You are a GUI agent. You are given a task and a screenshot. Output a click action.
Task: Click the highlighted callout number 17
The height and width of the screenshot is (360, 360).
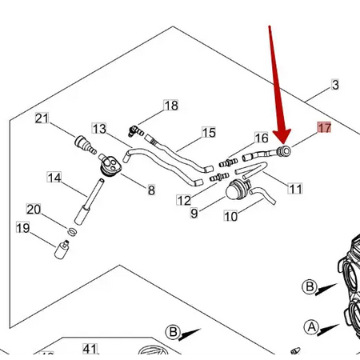tap(324, 128)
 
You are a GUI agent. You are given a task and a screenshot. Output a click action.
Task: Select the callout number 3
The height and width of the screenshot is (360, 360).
tap(335, 85)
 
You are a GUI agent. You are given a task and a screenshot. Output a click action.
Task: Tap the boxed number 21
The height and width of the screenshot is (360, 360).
tap(42, 119)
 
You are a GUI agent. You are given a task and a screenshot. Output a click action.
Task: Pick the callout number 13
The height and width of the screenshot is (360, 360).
tap(99, 129)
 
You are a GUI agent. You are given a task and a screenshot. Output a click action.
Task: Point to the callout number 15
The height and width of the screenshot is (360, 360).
tap(209, 133)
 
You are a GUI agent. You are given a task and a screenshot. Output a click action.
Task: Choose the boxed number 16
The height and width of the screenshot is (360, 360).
tap(262, 138)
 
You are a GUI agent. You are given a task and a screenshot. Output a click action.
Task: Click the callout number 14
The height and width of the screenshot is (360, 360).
tap(54, 178)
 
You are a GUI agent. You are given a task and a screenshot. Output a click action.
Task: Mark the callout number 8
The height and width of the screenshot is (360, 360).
tap(150, 190)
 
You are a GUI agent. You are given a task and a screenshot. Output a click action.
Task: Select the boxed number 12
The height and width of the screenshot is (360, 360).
tap(184, 200)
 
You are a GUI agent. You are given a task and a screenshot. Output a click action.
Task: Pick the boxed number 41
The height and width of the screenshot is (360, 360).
tap(90, 350)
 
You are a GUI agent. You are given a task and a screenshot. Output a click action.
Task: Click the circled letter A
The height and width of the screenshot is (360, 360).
tap(310, 326)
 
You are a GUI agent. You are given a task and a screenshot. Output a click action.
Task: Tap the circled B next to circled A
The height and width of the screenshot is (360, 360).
tap(310, 287)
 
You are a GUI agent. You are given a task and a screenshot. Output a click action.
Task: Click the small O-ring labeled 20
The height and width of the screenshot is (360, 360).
tap(72, 231)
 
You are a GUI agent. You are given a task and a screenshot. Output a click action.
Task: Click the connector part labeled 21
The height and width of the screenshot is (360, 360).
tap(82, 145)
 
